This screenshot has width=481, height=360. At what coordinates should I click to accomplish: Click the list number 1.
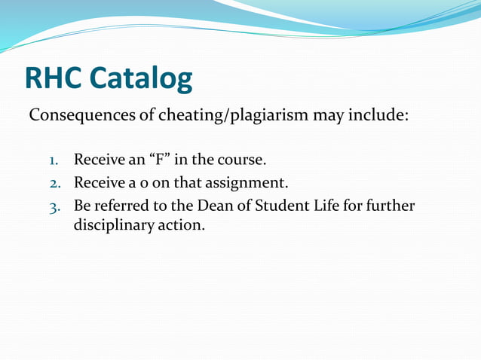point(54,161)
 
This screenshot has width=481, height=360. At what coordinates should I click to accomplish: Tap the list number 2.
point(54,183)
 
